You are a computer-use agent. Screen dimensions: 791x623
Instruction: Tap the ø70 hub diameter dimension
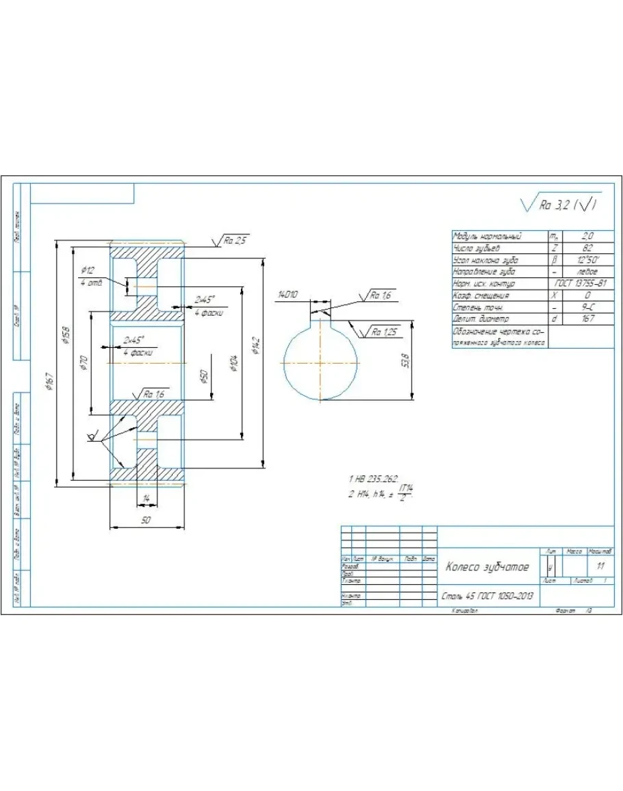[83, 362]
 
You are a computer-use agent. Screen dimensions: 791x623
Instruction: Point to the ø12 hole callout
[88, 270]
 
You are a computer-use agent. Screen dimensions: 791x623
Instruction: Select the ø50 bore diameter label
[203, 377]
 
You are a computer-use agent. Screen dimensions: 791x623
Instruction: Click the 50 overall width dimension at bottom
[146, 521]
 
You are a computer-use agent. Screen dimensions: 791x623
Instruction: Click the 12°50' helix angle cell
[587, 260]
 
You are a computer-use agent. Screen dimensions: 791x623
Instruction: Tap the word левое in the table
[587, 272]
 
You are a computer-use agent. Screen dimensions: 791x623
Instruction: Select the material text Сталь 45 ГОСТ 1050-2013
[487, 596]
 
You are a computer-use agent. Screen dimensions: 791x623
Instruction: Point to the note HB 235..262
[374, 479]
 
